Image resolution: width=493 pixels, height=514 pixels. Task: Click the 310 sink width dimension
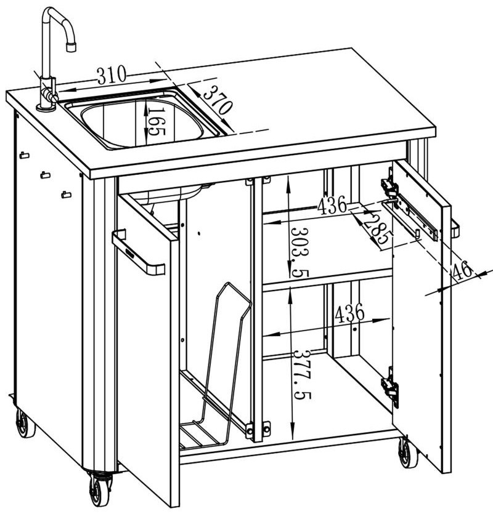pyautogui.click(x=112, y=75)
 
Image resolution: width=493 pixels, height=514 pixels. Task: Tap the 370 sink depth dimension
pyautogui.click(x=218, y=100)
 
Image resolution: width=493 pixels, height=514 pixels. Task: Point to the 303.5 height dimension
pyautogui.click(x=299, y=252)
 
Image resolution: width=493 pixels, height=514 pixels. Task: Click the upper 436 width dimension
pyautogui.click(x=332, y=205)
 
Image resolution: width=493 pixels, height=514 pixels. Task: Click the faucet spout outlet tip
pyautogui.click(x=71, y=47)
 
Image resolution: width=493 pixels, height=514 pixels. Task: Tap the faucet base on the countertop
pyautogui.click(x=46, y=107)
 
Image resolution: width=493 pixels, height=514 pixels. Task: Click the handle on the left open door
pyautogui.click(x=139, y=252)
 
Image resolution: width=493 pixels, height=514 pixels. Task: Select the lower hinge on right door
pyautogui.click(x=390, y=387)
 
